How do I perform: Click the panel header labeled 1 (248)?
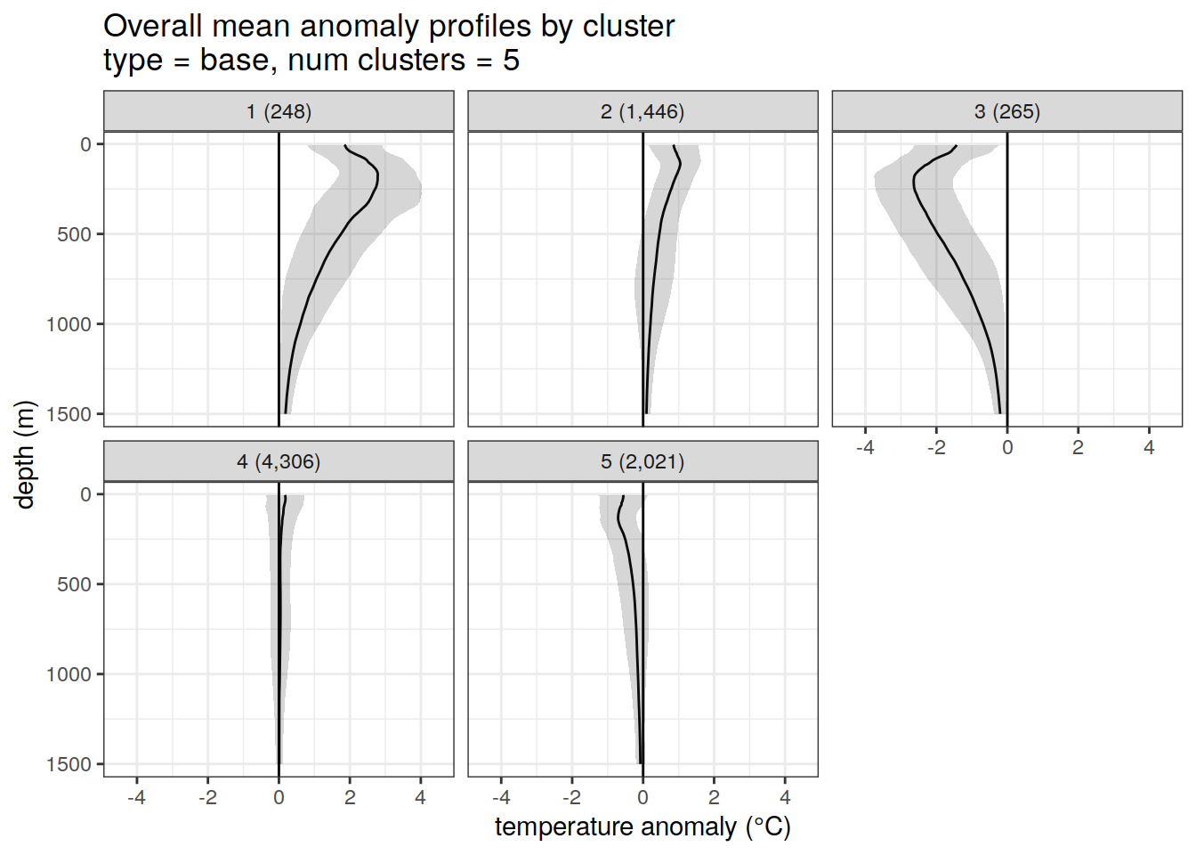pos(279,111)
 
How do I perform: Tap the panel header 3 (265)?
pos(1006,111)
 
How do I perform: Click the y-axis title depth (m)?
pos(25,454)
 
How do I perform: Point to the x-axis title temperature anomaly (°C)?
pos(642,827)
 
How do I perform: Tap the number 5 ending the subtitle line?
pos(511,61)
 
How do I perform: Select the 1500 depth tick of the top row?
pos(69,414)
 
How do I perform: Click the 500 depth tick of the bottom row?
pos(75,584)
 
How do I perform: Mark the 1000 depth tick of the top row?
pos(69,324)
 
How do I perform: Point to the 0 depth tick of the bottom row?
pos(86,494)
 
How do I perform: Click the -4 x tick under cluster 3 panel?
pos(865,448)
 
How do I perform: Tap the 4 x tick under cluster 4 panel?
pos(421,798)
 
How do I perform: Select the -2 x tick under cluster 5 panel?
pos(571,798)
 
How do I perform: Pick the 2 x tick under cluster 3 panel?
pos(1078,448)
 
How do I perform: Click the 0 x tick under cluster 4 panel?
pos(279,798)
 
